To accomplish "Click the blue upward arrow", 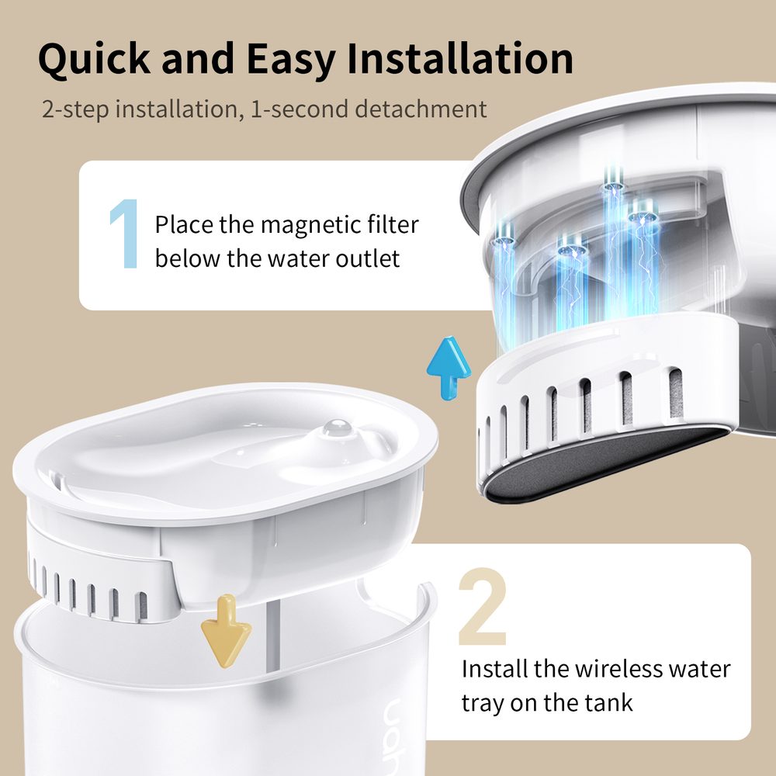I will click(449, 367).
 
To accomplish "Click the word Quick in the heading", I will click(92, 60).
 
